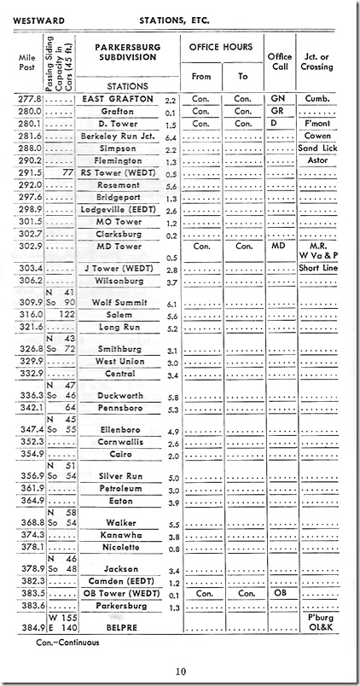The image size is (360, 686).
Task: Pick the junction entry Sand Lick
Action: (x=317, y=147)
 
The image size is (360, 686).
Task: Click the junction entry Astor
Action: (x=317, y=160)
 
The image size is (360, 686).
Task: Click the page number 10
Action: (x=180, y=671)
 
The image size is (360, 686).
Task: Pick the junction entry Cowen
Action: (x=317, y=135)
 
